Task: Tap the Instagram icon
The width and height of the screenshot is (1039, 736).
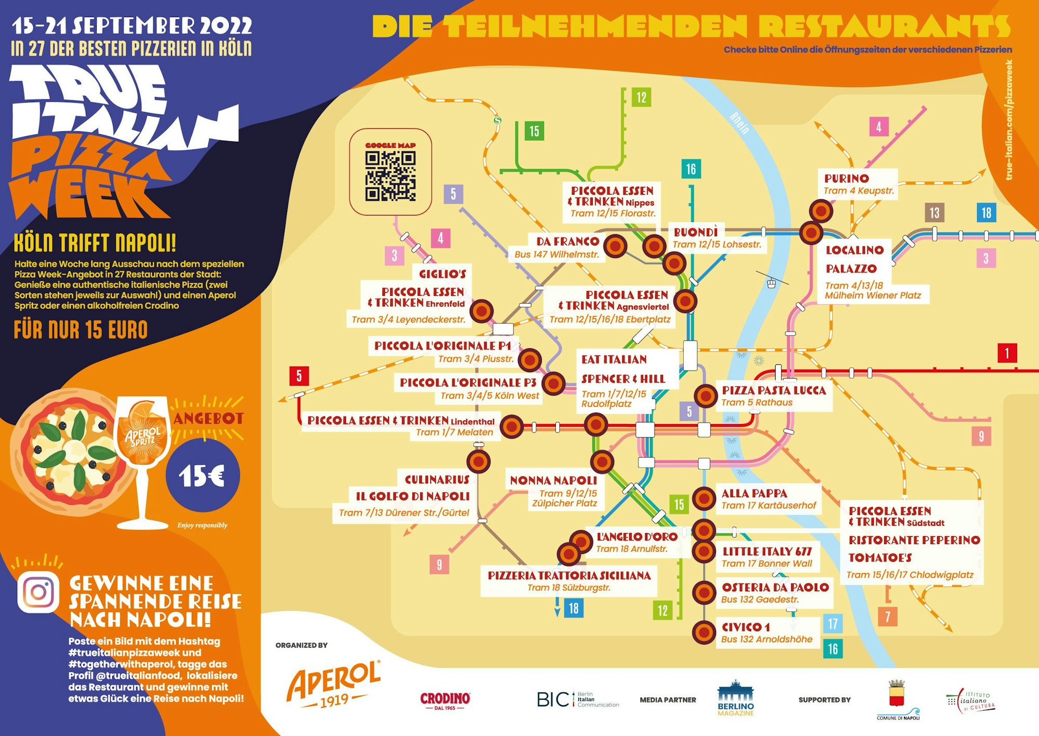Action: click(x=38, y=592)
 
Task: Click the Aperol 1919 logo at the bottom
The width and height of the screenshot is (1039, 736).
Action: click(x=334, y=684)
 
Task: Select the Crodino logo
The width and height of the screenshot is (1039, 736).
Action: click(x=445, y=700)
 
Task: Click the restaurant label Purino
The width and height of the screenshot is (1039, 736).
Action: click(x=846, y=179)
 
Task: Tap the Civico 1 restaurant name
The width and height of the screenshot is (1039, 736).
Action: click(x=746, y=627)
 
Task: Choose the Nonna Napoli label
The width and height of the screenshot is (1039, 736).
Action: click(x=553, y=481)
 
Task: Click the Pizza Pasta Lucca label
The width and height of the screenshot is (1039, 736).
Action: click(x=774, y=390)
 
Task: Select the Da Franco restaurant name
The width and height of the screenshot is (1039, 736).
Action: click(x=567, y=241)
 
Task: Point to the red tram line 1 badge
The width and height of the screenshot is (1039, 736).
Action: click(x=1007, y=353)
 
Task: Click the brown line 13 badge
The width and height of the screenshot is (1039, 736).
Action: click(x=934, y=212)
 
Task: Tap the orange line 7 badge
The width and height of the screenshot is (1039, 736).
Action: click(x=887, y=617)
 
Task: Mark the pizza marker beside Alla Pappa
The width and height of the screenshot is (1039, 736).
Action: click(x=704, y=498)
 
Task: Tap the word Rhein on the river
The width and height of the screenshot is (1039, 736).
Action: click(x=740, y=123)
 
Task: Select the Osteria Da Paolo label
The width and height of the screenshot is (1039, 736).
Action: click(x=775, y=587)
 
